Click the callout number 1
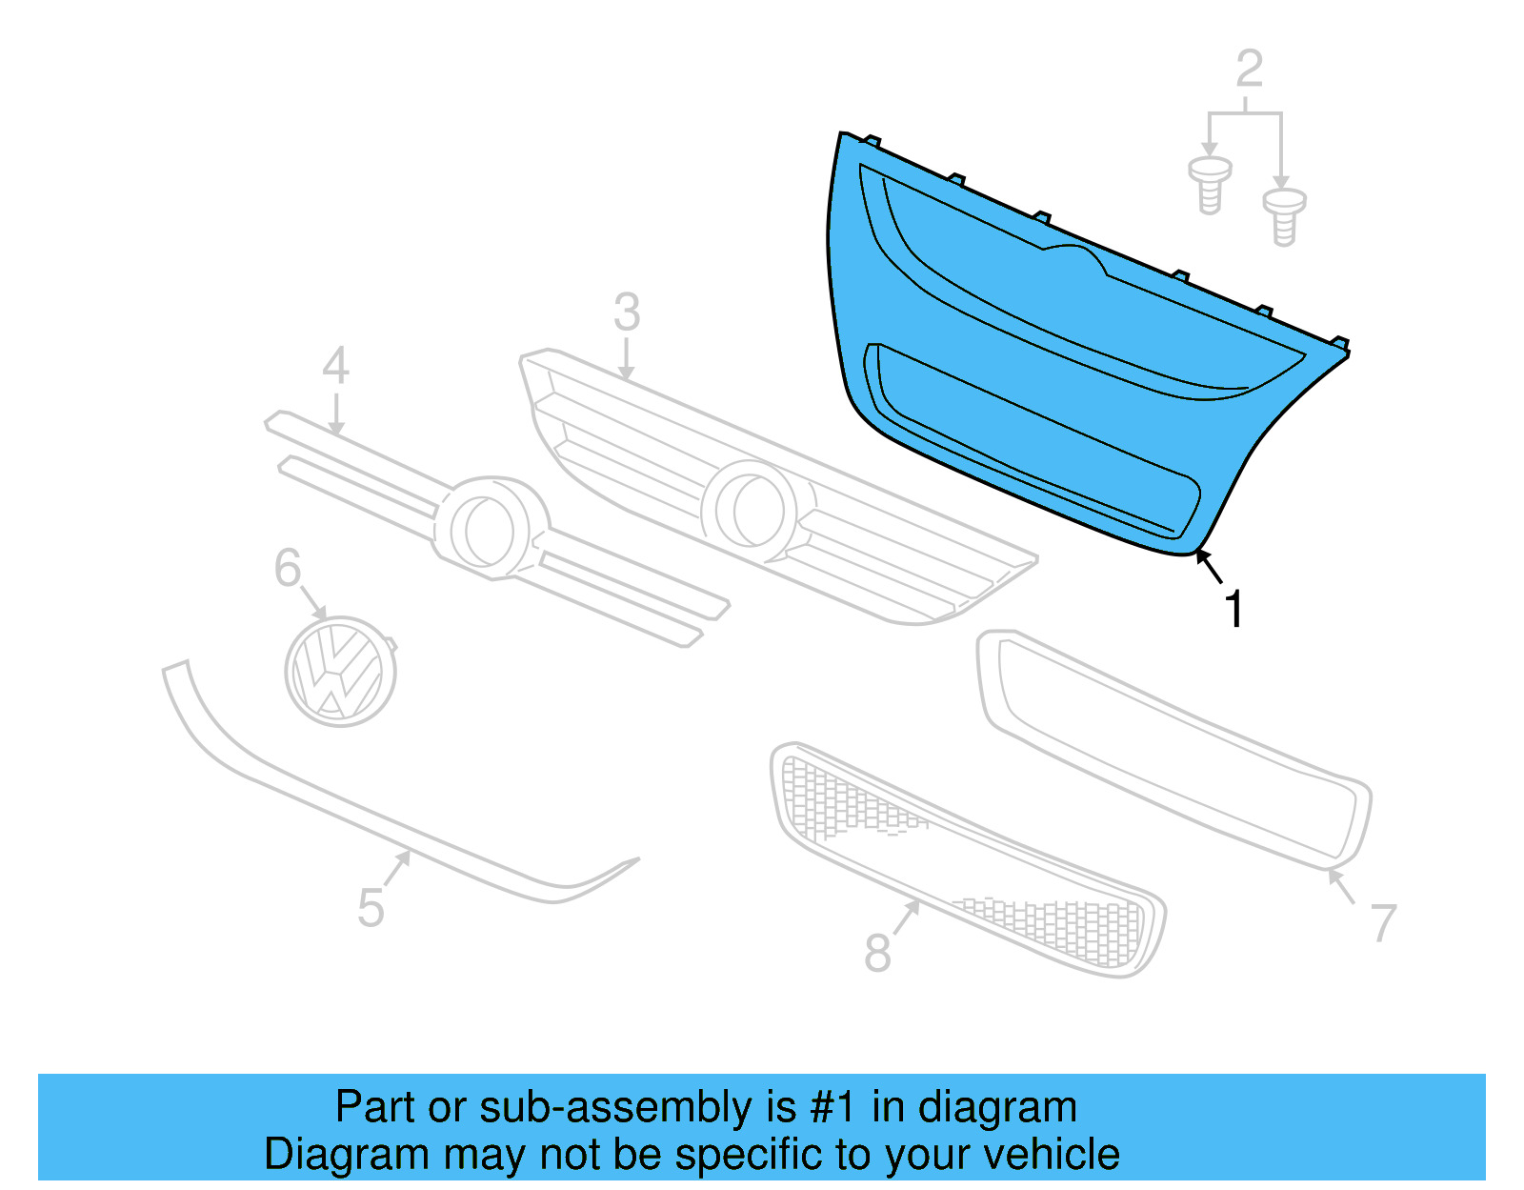pos(1233,610)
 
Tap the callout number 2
pos(1249,69)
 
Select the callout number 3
pos(627,313)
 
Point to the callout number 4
pos(335,366)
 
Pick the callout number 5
pos(371,907)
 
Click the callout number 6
pos(288,568)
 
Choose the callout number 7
pos(1383,922)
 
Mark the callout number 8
pos(877,952)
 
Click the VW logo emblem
pos(340,671)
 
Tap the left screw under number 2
pos(1210,185)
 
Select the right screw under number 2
pos(1284,216)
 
